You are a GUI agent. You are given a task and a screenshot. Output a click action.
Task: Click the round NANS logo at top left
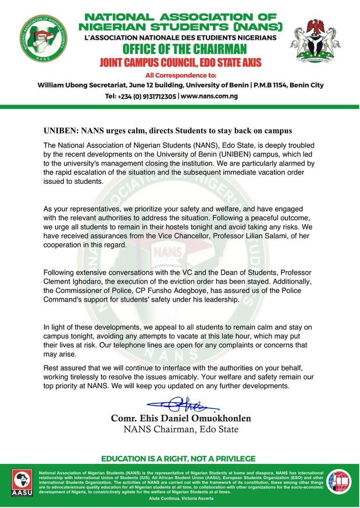pos(43,38)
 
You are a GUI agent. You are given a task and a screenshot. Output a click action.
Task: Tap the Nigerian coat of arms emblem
pos(315,41)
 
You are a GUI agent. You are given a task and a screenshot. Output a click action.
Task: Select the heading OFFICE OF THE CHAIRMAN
pos(184,49)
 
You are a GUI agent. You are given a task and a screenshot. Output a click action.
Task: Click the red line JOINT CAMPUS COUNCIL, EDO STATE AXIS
pos(180,62)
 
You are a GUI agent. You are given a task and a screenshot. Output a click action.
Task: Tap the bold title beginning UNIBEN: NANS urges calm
pos(167,130)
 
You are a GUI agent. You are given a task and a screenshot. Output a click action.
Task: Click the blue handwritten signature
pos(181,404)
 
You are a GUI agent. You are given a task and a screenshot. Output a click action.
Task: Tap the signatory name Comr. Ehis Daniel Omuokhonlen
pos(181,418)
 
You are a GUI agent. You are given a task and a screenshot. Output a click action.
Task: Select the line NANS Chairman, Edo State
pos(181,429)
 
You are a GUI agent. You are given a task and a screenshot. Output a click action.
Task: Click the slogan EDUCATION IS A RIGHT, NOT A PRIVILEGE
pos(179,459)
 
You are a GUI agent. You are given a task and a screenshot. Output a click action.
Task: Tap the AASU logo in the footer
pos(20,482)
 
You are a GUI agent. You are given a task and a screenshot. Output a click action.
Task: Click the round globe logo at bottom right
pos(339,481)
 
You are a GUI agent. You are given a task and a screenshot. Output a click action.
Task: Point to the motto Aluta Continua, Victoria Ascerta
pos(180,498)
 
